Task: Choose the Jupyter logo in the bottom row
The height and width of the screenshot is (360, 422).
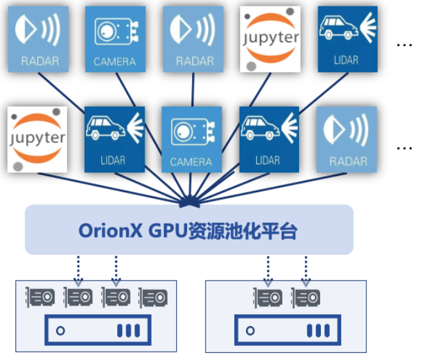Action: point(38,139)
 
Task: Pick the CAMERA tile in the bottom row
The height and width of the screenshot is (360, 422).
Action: point(191,139)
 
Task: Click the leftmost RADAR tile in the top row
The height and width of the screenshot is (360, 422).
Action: point(38,39)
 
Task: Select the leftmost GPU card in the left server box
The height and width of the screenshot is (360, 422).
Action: point(40,297)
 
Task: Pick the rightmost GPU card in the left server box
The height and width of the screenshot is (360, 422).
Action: point(154,297)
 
